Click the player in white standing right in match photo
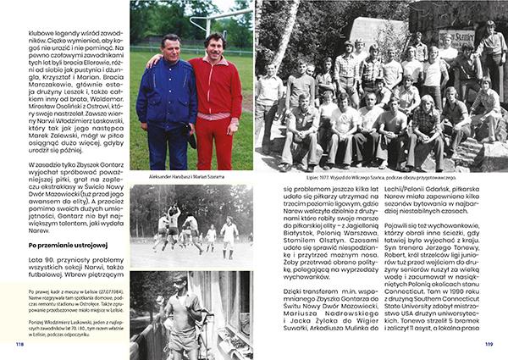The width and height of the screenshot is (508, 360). (228, 231)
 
